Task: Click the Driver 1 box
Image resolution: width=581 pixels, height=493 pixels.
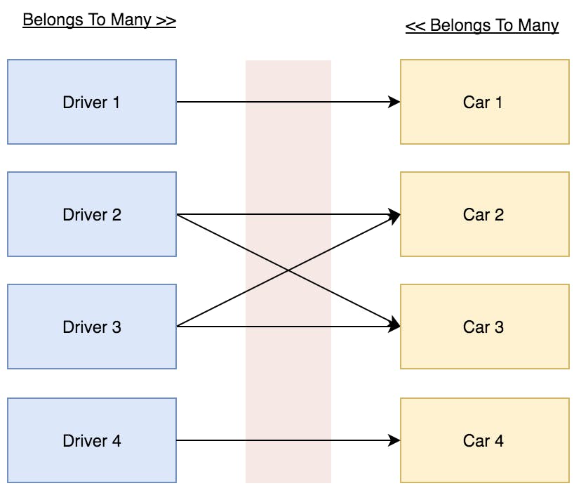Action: [91, 102]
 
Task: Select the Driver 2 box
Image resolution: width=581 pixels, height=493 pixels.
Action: [91, 214]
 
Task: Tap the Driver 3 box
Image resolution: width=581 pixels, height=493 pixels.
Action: [91, 327]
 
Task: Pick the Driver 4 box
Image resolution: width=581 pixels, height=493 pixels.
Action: [91, 440]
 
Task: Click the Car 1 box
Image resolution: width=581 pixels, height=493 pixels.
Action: [484, 102]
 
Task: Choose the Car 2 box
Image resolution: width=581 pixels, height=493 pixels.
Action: [484, 214]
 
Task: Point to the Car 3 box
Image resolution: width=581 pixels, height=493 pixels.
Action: [484, 327]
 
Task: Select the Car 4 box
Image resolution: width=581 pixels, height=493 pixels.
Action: [484, 440]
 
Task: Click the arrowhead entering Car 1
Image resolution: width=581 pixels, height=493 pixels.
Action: [394, 102]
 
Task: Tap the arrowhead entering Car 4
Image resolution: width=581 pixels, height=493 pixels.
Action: [394, 440]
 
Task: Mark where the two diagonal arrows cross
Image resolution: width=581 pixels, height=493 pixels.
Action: [288, 270]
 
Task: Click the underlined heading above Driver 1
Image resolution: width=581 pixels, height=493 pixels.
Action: [99, 20]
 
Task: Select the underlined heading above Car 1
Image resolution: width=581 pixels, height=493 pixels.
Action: [482, 26]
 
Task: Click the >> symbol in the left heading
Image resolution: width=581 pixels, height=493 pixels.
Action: [166, 20]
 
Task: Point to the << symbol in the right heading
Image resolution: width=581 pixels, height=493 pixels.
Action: [415, 26]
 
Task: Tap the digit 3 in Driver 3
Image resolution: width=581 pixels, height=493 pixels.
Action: [116, 327]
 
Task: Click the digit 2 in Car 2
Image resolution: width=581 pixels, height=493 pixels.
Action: [499, 214]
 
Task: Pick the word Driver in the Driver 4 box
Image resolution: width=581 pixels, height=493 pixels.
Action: [83, 440]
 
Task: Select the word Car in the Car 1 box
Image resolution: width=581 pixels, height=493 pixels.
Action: [476, 102]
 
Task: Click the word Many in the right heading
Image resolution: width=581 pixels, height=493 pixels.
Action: [538, 26]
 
